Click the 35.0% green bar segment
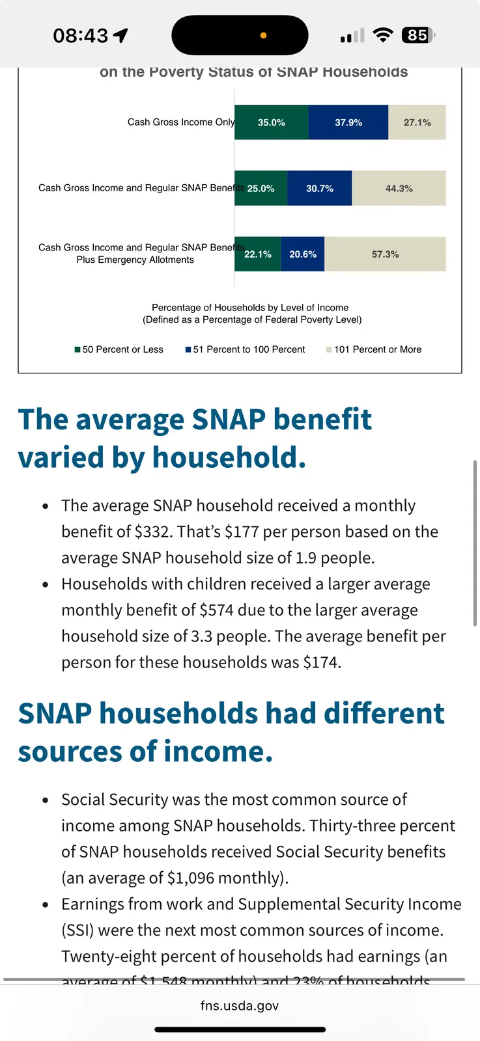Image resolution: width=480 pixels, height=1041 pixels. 272,122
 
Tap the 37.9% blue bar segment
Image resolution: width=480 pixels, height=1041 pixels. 348,122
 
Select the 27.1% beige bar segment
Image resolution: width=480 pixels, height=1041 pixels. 417,122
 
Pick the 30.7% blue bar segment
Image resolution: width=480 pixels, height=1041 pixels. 320,189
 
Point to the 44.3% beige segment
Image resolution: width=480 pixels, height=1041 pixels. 399,189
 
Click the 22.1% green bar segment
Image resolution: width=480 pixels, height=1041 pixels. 258,254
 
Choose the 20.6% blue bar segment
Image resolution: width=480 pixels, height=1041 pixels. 303,254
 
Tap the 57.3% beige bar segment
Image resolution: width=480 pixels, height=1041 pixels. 386,254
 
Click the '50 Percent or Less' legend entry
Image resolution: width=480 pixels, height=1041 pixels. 119,349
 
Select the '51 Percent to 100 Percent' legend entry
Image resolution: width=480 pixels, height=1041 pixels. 246,349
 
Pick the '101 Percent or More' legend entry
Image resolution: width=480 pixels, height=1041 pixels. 374,349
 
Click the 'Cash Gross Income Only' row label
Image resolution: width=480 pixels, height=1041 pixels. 181,122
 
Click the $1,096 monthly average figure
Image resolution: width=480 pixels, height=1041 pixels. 190,878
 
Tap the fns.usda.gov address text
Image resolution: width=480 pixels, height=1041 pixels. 240,1006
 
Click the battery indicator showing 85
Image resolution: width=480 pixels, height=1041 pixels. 418,35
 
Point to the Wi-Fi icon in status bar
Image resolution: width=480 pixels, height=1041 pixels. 383,35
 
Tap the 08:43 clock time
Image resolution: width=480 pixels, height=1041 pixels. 81,36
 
